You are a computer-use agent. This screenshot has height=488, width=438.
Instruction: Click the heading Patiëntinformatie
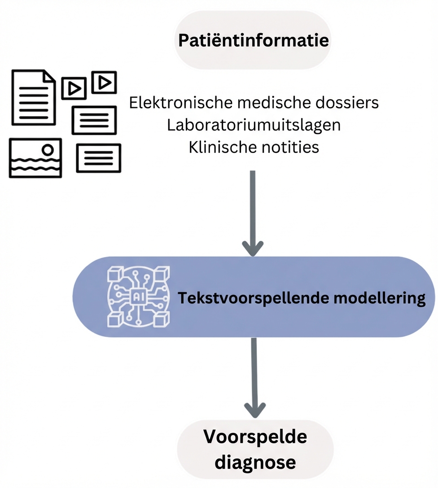(x=254, y=40)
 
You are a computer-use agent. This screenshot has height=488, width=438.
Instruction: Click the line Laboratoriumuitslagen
(x=254, y=125)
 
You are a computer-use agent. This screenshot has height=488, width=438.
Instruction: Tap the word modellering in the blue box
(x=381, y=298)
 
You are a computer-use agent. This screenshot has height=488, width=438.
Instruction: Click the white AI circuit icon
(x=138, y=296)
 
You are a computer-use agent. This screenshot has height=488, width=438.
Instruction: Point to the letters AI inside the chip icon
(x=138, y=296)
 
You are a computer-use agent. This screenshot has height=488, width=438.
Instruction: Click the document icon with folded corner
(x=33, y=97)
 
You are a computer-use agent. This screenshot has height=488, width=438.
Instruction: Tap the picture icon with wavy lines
(x=35, y=158)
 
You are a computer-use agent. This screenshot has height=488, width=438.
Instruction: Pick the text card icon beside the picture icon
(x=98, y=158)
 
